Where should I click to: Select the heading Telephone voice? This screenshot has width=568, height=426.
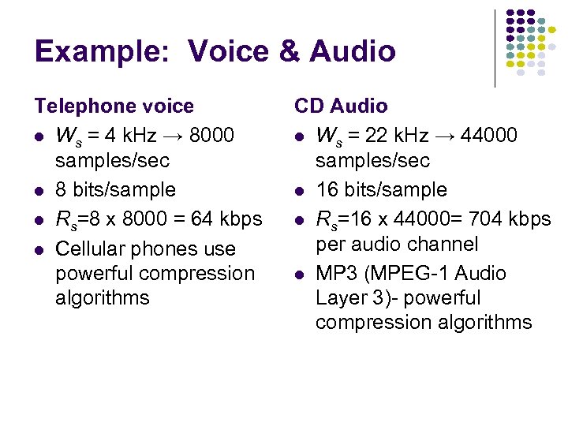pyautogui.click(x=114, y=106)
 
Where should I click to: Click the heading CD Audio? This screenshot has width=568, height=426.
pyautogui.click(x=341, y=106)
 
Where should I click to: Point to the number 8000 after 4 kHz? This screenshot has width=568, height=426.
pyautogui.click(x=212, y=136)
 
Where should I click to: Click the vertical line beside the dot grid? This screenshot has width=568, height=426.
pyautogui.click(x=495, y=47)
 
